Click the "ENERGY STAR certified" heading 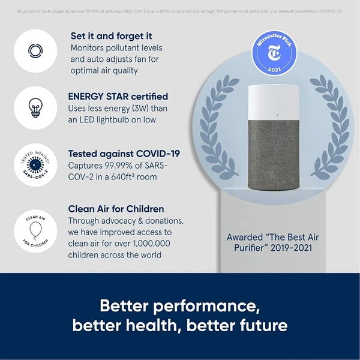tap(118, 96)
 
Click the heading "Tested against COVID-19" tap(124, 153)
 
